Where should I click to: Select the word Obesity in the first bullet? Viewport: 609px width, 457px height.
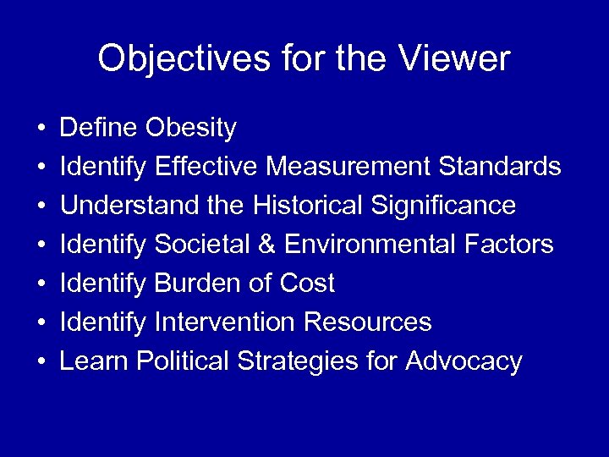point(191,129)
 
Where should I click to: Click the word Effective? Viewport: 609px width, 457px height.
point(207,167)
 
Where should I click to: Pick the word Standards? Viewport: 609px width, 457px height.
point(500,167)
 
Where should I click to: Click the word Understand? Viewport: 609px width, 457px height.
point(121,206)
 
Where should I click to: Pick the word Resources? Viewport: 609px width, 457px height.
point(367,322)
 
